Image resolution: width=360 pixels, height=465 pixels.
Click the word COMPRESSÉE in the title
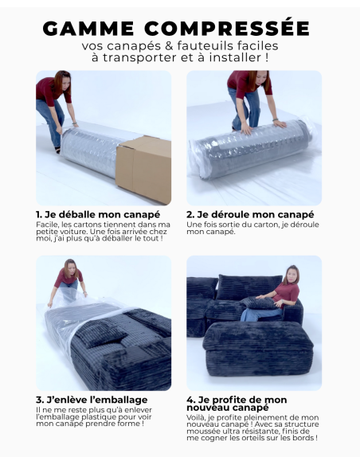(227, 29)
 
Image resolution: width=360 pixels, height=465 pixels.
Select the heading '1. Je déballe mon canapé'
(98, 215)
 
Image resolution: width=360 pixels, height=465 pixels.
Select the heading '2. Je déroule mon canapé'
(250, 215)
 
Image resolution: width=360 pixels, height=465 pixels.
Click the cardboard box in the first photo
(143, 168)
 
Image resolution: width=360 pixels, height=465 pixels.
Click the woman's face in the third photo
(70, 267)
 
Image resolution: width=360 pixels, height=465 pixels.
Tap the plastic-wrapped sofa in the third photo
(108, 342)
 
